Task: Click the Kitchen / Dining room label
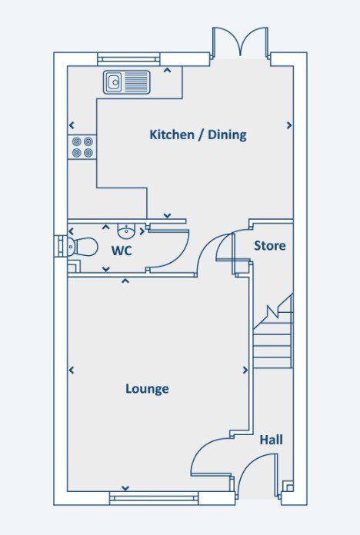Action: point(198,135)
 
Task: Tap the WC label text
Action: point(122,251)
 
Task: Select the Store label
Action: point(269,246)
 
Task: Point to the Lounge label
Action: point(147,389)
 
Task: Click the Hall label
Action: point(270,440)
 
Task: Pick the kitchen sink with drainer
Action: point(127,81)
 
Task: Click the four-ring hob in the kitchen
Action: point(82,146)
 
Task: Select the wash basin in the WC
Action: point(126,230)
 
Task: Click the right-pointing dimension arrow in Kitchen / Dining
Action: point(289,125)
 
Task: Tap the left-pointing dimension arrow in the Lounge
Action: point(72,371)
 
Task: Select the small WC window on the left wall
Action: point(57,247)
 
